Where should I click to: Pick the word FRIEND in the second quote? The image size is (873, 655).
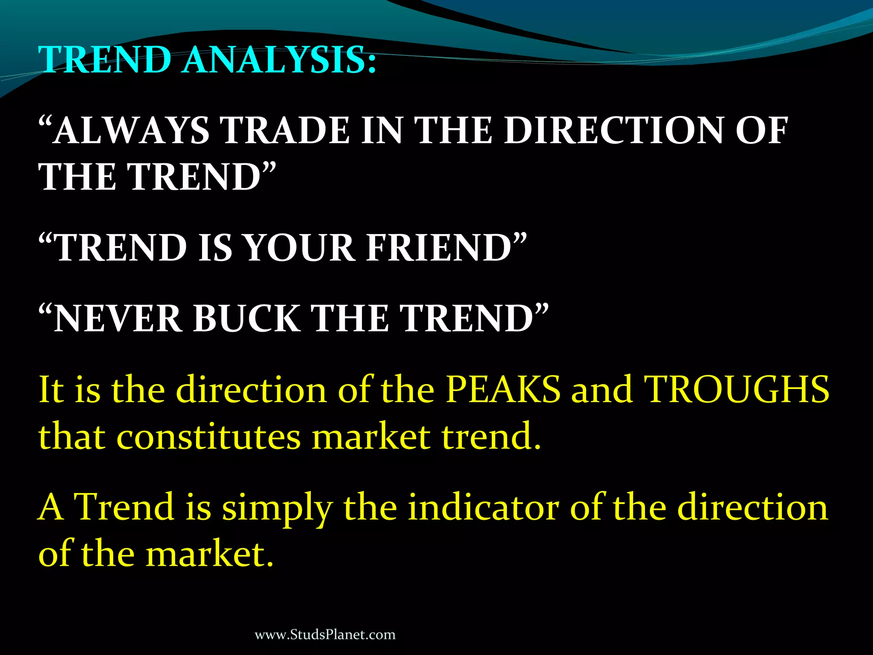(x=439, y=248)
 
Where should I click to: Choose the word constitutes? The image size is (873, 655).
(x=208, y=437)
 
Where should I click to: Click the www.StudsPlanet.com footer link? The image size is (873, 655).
(x=325, y=635)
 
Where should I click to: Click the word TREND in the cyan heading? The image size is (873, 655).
(x=104, y=60)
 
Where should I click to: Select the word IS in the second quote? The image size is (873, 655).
(x=215, y=248)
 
